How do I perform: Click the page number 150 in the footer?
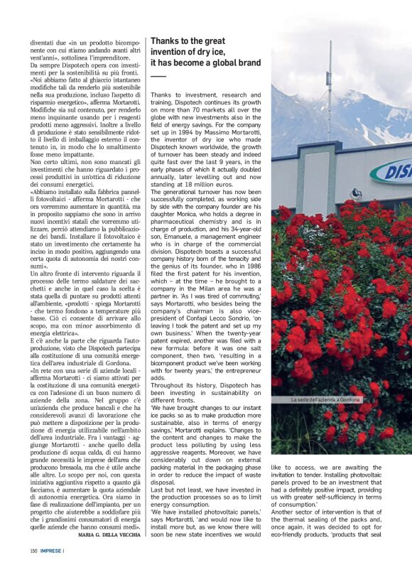33,549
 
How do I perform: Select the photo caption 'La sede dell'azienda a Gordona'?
326,400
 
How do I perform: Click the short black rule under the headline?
158,76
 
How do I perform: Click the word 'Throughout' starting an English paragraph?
170,384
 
